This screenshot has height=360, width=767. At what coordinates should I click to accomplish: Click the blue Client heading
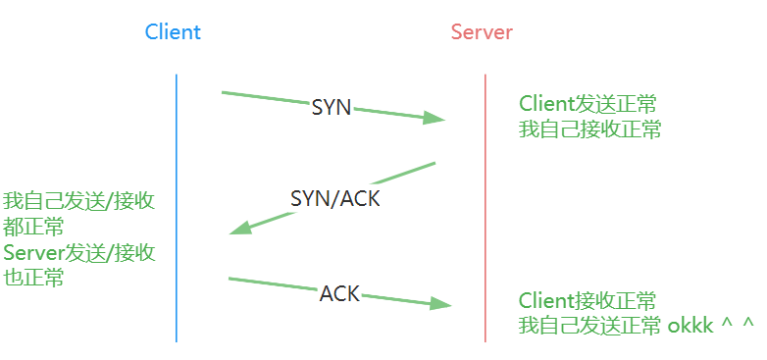173,31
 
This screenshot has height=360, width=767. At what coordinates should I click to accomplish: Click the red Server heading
482,31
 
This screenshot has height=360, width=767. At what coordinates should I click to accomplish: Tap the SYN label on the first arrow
331,108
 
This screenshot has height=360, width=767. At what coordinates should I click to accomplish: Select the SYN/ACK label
334,198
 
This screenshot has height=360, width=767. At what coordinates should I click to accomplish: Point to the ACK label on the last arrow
339,292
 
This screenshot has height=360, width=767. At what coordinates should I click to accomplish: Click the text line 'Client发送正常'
588,103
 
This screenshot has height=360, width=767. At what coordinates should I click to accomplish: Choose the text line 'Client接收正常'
588,300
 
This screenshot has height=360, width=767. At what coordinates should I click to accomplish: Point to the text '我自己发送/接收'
78,202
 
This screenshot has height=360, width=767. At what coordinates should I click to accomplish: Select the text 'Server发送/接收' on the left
78,253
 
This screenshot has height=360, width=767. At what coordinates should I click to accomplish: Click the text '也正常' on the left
33,279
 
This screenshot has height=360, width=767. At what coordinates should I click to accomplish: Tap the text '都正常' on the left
33,228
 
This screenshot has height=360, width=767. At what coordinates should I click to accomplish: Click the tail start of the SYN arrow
225,93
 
